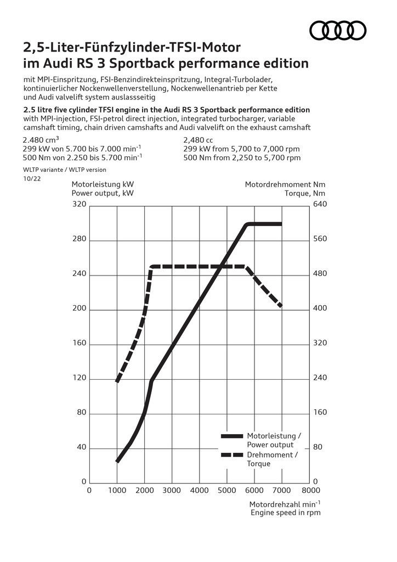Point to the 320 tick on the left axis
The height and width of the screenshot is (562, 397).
coord(80,205)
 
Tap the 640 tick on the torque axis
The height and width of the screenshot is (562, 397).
coord(320,205)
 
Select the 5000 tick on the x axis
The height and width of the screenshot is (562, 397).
coord(227,490)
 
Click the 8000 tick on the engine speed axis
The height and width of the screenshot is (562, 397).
coord(310,490)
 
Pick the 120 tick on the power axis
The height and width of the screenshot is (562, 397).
coord(80,379)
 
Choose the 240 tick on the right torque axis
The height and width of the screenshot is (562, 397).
coord(320,378)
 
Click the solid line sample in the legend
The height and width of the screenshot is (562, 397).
coord(231,436)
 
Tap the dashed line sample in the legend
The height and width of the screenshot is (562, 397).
coord(231,455)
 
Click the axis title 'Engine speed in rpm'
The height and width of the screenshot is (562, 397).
coord(285,513)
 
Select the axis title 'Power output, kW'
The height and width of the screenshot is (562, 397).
coord(103,193)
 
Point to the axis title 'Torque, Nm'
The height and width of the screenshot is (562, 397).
coord(305,193)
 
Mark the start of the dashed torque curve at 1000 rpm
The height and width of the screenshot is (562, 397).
coord(117,380)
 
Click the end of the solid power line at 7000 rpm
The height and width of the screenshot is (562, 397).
coord(281,224)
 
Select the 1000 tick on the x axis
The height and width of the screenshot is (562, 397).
coord(117,490)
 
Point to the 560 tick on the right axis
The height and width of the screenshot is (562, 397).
coord(320,239)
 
